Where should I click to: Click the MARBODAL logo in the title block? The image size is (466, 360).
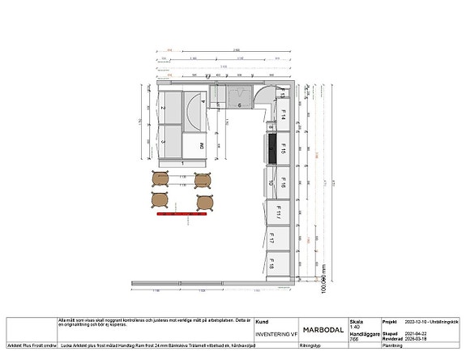click(x=319, y=330)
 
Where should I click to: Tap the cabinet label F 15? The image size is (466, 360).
click(x=284, y=150)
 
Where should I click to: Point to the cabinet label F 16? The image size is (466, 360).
click(x=284, y=185)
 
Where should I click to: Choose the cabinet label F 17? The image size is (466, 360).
click(x=284, y=241)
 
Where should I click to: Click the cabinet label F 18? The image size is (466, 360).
click(x=284, y=266)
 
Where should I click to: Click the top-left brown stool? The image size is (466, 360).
click(x=160, y=178)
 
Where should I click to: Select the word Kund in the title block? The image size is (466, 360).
click(x=262, y=321)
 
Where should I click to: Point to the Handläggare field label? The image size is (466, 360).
click(x=362, y=333)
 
